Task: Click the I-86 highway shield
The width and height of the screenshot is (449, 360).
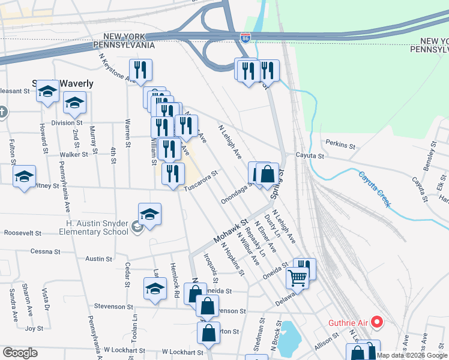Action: pyautogui.click(x=246, y=37)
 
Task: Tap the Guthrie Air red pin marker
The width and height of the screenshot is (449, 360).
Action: pyautogui.click(x=378, y=322)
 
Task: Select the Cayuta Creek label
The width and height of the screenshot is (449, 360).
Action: pyautogui.click(x=375, y=188)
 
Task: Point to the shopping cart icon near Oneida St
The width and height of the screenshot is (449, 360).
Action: pyautogui.click(x=298, y=278)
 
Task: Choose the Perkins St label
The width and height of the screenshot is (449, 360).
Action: pyautogui.click(x=340, y=145)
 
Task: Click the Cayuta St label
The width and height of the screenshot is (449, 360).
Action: pyautogui.click(x=312, y=155)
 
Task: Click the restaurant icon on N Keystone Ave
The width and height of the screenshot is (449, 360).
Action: pyautogui.click(x=140, y=70)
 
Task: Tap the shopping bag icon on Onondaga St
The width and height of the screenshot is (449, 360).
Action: pyautogui.click(x=268, y=175)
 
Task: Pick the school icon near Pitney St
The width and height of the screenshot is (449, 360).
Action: pyautogui.click(x=25, y=176)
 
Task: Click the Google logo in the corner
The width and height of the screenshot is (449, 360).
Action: pyautogui.click(x=20, y=353)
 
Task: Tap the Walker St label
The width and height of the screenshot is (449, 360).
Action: pyautogui.click(x=74, y=154)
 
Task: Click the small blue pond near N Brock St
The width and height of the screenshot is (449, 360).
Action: pyautogui.click(x=287, y=332)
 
